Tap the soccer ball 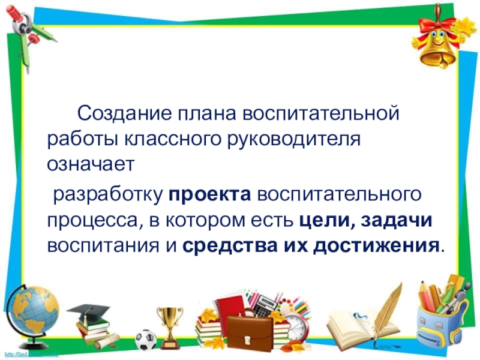point(145,340)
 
